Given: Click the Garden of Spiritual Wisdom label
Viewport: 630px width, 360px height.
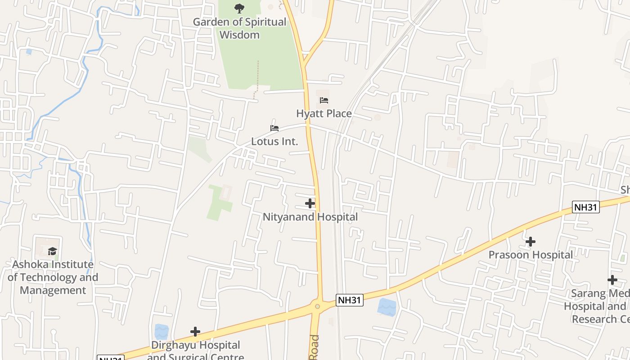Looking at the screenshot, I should pyautogui.click(x=239, y=28).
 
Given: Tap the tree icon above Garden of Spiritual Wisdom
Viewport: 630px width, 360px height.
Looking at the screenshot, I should pyautogui.click(x=239, y=8).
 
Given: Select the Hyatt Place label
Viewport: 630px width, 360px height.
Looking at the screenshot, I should pyautogui.click(x=324, y=113).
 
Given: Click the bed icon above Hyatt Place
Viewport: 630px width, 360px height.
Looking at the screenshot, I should pyautogui.click(x=324, y=100).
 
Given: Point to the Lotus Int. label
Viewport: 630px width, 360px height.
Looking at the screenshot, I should pyautogui.click(x=274, y=141).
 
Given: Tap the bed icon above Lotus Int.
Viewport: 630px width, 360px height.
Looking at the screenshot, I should pyautogui.click(x=274, y=128).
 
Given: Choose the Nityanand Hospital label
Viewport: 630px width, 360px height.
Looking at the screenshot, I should pyautogui.click(x=310, y=217).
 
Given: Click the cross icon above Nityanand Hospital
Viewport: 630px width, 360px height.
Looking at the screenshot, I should pyautogui.click(x=310, y=203).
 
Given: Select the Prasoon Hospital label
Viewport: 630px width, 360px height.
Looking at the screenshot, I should pyautogui.click(x=531, y=255).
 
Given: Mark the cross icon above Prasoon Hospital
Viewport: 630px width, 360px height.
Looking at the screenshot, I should pyautogui.click(x=531, y=242).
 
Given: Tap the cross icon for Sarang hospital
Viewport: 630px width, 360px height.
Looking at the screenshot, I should pyautogui.click(x=612, y=280).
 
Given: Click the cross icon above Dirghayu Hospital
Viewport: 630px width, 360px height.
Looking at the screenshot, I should pyautogui.click(x=195, y=332).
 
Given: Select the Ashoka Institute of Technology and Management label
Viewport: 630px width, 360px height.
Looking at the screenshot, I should pyautogui.click(x=53, y=277).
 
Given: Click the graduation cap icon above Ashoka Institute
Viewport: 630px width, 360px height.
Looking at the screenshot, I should pyautogui.click(x=53, y=251).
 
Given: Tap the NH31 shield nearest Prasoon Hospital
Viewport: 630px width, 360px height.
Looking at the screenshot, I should pyautogui.click(x=586, y=207).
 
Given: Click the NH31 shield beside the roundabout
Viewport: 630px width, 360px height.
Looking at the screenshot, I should pyautogui.click(x=350, y=300).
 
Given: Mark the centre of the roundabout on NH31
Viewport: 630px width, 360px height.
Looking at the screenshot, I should pyautogui.click(x=318, y=306).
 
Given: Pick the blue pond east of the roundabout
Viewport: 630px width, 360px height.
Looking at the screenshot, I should pyautogui.click(x=387, y=307).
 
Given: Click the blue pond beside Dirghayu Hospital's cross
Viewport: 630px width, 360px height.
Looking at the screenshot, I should pyautogui.click(x=161, y=332).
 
